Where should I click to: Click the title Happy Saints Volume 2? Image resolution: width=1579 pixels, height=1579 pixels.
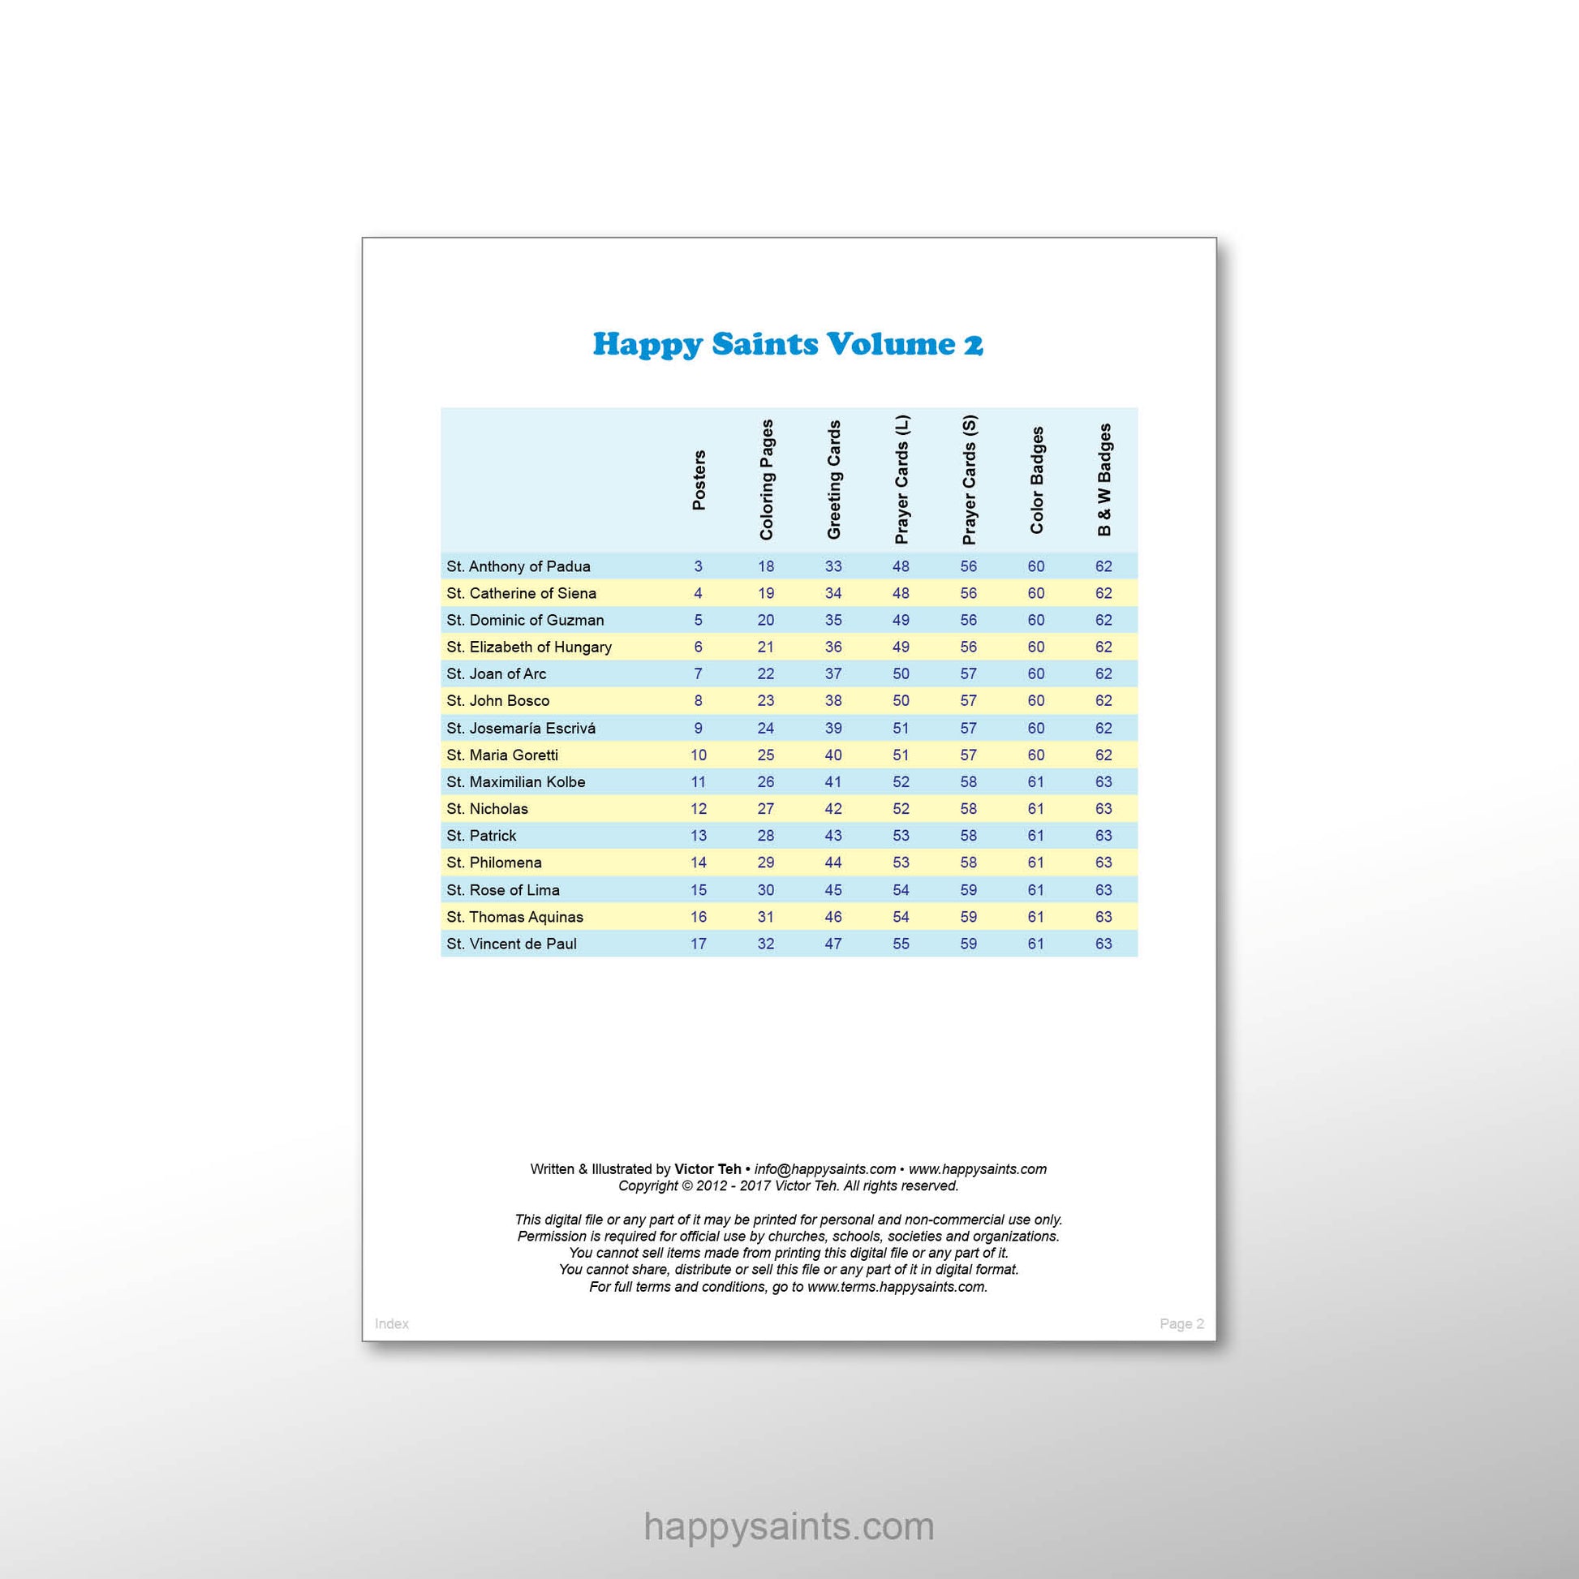tap(788, 344)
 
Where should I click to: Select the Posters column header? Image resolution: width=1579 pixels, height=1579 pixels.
tap(699, 480)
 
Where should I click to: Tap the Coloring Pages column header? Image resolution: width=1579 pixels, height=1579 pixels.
tap(766, 480)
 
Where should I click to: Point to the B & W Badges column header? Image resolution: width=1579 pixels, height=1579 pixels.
tap(1104, 480)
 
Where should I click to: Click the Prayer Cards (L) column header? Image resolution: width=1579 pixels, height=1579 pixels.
tap(901, 480)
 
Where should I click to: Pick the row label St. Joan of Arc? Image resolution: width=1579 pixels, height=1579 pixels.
tap(496, 673)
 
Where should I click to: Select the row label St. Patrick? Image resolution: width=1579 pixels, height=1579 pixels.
tap(481, 835)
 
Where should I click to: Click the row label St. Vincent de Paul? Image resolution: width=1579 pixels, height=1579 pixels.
tap(512, 943)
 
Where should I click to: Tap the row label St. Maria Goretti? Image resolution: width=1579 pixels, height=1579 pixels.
tap(502, 755)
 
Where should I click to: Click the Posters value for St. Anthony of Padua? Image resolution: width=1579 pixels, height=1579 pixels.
tap(698, 566)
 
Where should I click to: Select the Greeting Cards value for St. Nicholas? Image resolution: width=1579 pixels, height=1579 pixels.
tap(833, 808)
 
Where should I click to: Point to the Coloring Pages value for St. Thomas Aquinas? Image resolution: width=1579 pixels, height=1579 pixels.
tap(766, 916)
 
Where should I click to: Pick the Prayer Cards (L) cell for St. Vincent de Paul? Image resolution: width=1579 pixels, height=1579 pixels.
tap(901, 943)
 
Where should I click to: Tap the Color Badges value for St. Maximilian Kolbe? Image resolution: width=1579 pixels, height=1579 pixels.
tap(1035, 781)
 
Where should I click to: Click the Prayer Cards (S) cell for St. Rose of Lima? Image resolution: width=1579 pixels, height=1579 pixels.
tap(969, 889)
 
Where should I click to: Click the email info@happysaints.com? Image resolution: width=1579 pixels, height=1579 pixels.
tap(824, 1168)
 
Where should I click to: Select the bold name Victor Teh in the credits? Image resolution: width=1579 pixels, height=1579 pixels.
tap(708, 1168)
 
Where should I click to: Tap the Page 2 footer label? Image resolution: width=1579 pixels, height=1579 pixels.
tap(1181, 1323)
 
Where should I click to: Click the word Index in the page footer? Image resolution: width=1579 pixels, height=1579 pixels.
tap(391, 1323)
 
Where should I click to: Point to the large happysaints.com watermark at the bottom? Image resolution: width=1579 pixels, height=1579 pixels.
tap(789, 1527)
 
